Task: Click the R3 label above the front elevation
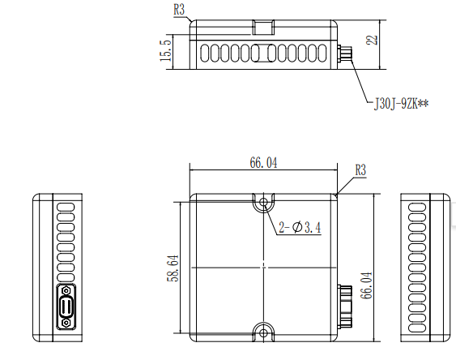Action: pyautogui.click(x=180, y=10)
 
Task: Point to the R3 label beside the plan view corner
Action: pyautogui.click(x=361, y=171)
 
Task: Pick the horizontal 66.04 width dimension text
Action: pyautogui.click(x=263, y=163)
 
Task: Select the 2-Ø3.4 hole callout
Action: pyautogui.click(x=300, y=228)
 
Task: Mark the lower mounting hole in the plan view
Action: pyautogui.click(x=263, y=331)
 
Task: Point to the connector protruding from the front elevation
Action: pyautogui.click(x=344, y=54)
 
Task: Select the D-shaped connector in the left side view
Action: pyautogui.click(x=65, y=306)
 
